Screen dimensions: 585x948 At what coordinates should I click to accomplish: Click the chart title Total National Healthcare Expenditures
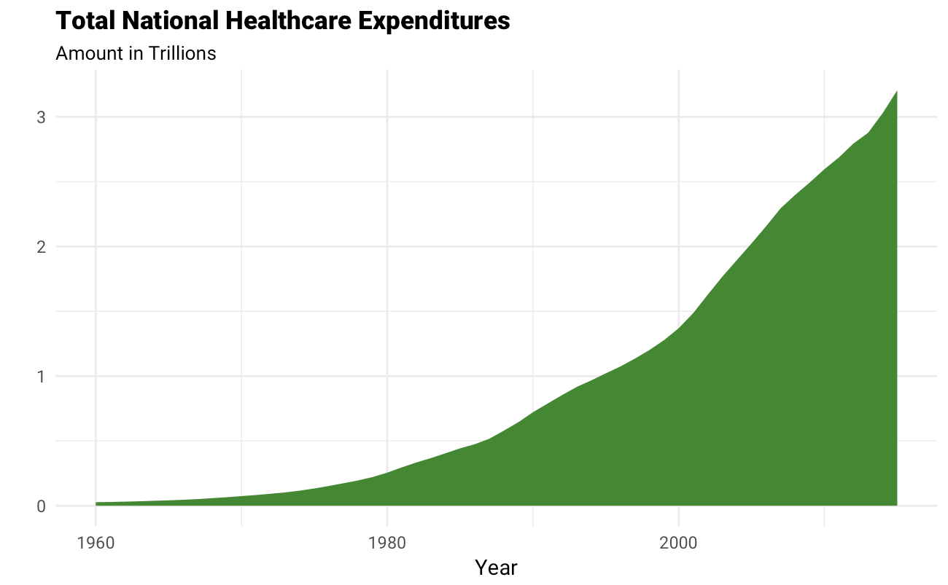point(282,21)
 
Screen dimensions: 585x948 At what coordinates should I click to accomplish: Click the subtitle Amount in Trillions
point(136,54)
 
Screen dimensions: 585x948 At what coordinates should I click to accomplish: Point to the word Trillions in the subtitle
point(182,54)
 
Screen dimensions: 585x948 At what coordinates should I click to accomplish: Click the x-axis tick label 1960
point(96,543)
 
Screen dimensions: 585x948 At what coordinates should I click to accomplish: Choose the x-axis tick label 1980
point(387,543)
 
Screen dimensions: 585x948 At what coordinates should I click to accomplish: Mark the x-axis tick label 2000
point(679,543)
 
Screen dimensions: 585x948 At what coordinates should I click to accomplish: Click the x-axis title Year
point(496,568)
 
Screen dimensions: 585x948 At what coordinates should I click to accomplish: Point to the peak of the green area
point(896,91)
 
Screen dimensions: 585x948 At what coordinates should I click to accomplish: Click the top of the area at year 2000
point(679,329)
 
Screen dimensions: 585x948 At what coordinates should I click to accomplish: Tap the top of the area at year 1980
point(387,473)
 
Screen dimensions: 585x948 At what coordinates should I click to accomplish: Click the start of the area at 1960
point(96,503)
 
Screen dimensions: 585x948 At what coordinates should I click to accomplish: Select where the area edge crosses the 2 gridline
point(755,246)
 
